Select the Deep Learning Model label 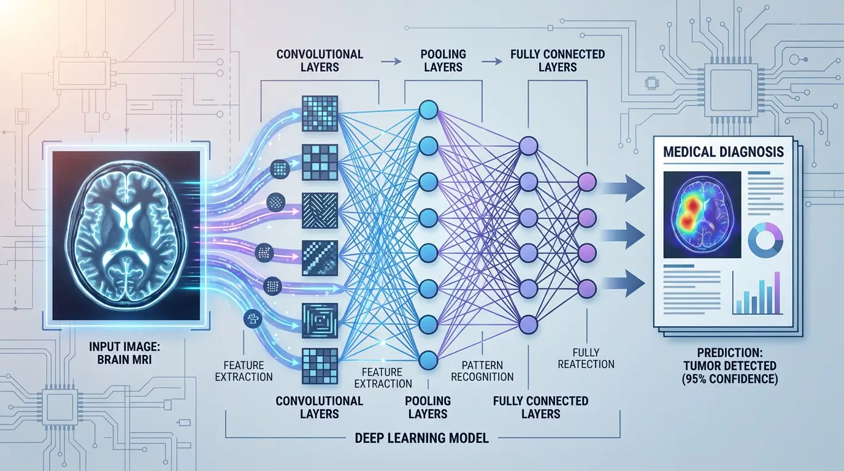coord(422,438)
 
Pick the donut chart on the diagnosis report coord(766,240)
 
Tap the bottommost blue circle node coord(428,358)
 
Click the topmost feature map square coord(320,112)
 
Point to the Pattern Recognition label coord(483,371)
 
